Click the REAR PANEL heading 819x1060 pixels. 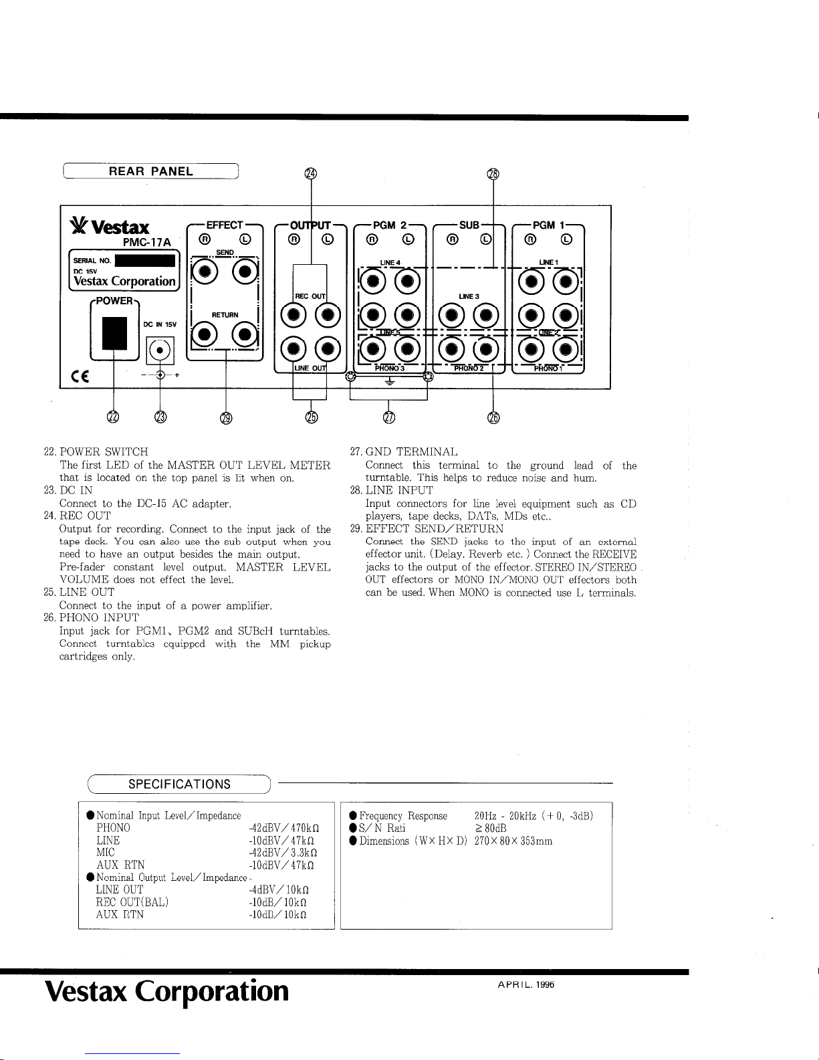[x=150, y=171]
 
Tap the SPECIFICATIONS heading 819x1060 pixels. [x=179, y=784]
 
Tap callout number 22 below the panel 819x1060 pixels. [x=114, y=418]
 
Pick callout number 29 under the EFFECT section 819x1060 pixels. [x=226, y=419]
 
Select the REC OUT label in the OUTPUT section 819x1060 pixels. [x=310, y=296]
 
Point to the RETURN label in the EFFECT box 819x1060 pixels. [x=225, y=314]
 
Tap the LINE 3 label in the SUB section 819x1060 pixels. [x=469, y=296]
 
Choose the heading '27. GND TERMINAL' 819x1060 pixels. [x=404, y=452]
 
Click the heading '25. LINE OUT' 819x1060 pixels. [x=78, y=592]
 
